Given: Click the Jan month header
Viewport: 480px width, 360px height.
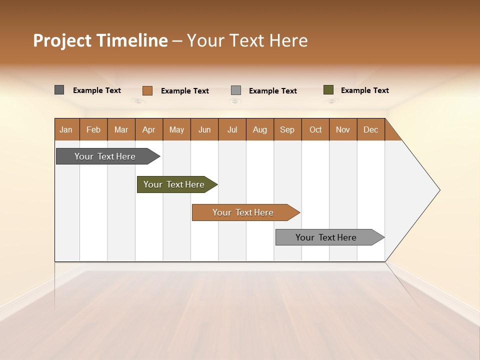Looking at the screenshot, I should pos(66,129).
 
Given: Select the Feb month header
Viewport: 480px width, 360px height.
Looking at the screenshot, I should pos(93,129).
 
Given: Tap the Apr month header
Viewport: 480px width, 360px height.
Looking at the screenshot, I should pos(149,129).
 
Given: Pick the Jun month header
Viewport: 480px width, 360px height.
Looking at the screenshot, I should pos(204,129).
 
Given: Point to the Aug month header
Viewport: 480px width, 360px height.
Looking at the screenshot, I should pos(260,129).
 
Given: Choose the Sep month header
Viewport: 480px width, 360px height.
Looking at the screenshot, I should pos(287,129).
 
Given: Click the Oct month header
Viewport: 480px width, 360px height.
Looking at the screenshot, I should pos(315,129).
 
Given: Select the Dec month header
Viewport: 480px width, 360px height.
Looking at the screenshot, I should pos(371,129).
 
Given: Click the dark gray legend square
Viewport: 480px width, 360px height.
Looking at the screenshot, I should pos(59,90).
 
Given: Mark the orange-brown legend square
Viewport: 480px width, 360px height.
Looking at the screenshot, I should pos(147,90).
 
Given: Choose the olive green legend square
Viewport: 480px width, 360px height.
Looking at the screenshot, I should pos(328,90).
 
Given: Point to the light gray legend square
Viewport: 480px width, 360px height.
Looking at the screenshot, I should pos(236,90).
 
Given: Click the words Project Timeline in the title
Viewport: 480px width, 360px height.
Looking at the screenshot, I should pos(100,40).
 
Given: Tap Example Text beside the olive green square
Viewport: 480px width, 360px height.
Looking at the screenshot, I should pos(364,90).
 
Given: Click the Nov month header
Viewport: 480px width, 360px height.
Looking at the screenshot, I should pos(343,129).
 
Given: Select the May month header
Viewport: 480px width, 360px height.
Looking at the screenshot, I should pos(176,129).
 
